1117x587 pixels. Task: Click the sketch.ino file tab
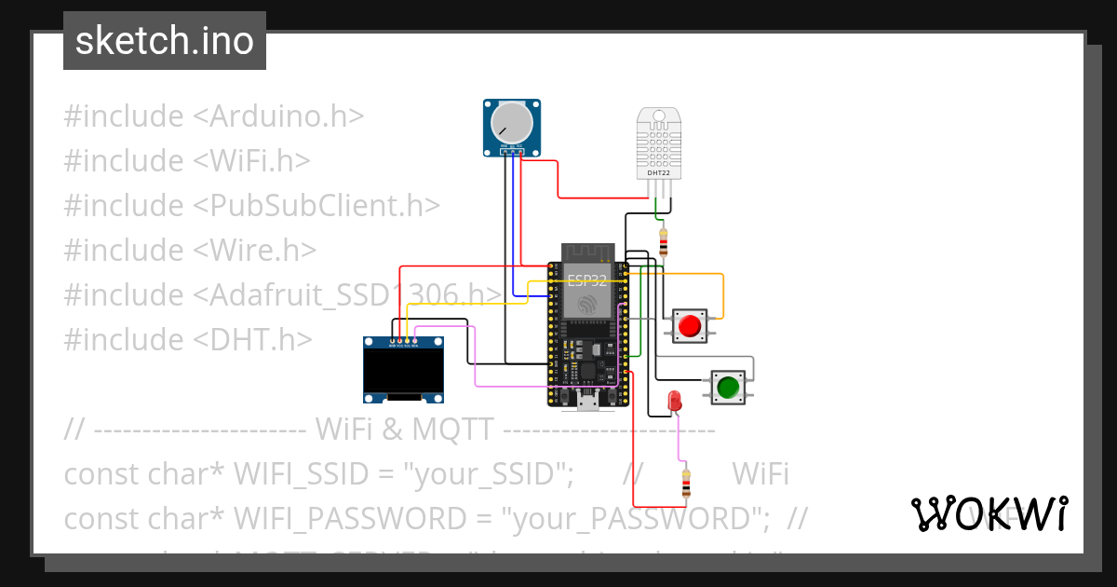(164, 41)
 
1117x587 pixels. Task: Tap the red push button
(690, 326)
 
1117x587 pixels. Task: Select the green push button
(728, 386)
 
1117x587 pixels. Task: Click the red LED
(675, 402)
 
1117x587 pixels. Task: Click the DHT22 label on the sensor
(660, 172)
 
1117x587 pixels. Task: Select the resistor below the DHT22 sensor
(663, 242)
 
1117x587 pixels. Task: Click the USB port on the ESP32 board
(586, 402)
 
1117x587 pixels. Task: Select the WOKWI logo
(989, 513)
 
